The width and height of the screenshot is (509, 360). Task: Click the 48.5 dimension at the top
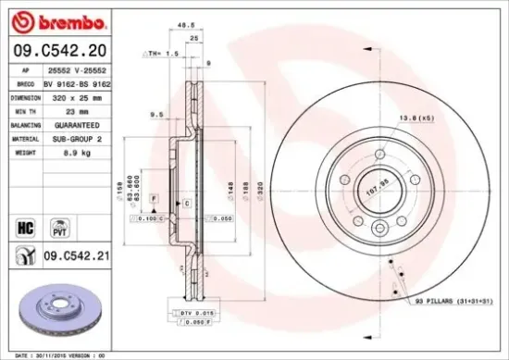coord(184,24)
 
